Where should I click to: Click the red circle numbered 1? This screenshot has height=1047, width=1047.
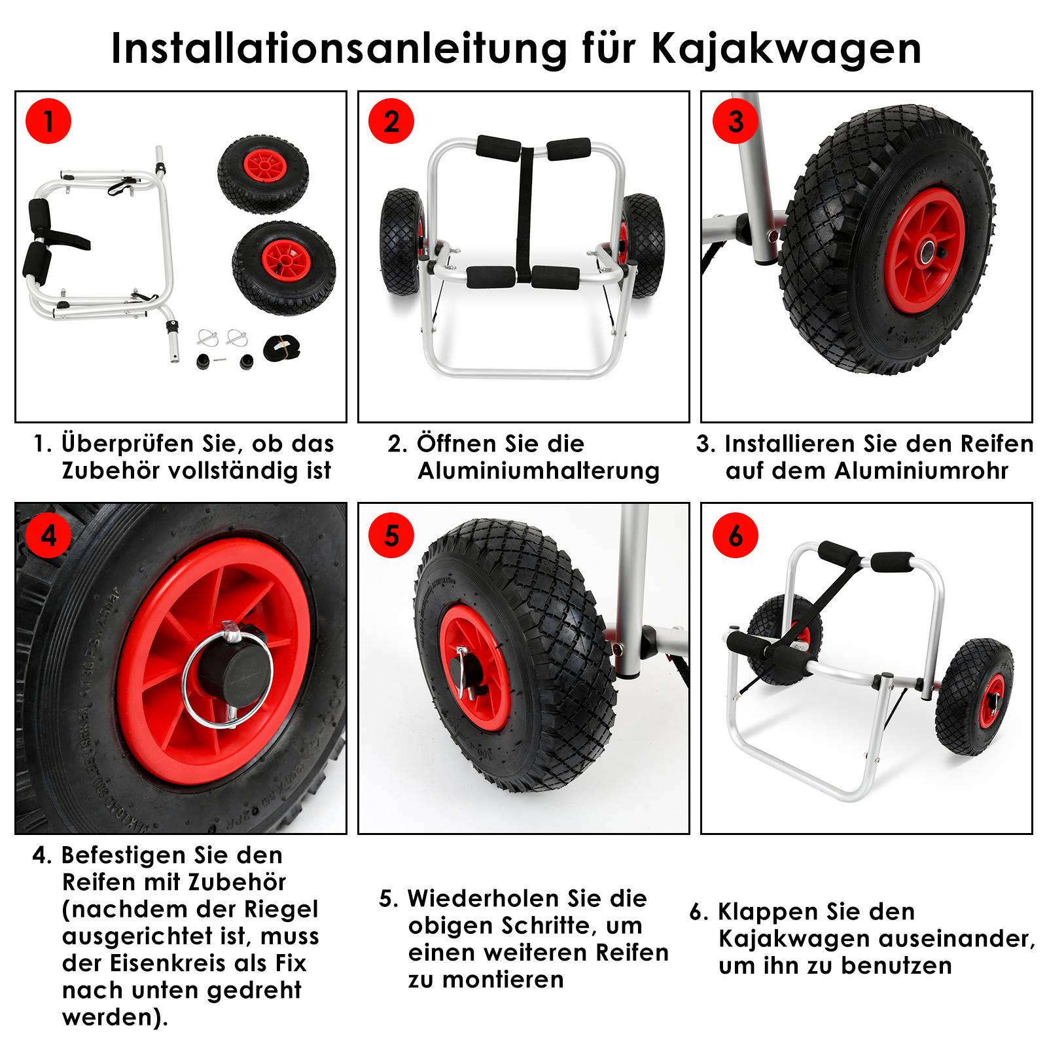coord(48,122)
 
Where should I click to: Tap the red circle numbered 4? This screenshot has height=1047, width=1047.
coord(48,535)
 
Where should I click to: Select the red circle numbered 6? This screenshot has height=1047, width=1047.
coord(735,535)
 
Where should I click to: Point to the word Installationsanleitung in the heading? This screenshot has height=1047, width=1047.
coord(338,48)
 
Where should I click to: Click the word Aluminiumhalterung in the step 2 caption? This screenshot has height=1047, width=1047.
coord(539,471)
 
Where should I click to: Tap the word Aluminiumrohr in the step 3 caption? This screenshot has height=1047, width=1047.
coord(921,471)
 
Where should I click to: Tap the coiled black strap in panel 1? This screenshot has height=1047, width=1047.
coord(282,347)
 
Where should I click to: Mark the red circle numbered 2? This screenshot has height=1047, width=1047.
coord(391,122)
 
